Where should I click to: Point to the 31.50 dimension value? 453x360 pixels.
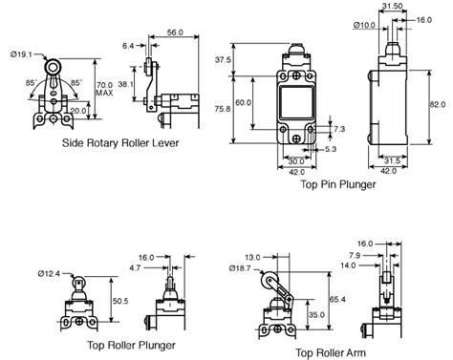click(390, 6)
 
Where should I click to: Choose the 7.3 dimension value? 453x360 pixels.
click(338, 127)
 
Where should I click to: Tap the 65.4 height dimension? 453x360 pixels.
click(338, 299)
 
